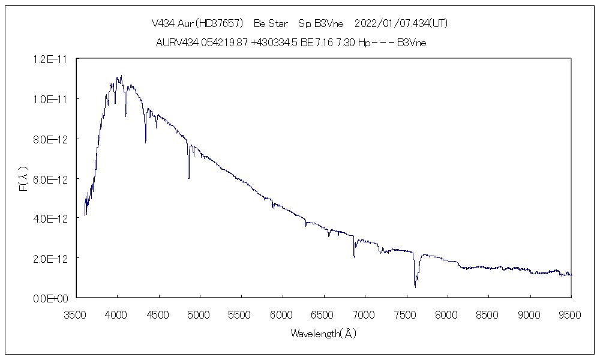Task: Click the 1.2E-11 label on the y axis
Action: [x=51, y=59]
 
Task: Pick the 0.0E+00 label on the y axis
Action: [x=51, y=298]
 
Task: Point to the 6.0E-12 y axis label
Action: [x=51, y=179]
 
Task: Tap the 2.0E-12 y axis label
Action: [x=51, y=258]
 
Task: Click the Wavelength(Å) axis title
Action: [x=323, y=333]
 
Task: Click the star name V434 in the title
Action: [x=163, y=24]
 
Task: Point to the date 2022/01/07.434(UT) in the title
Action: [x=401, y=24]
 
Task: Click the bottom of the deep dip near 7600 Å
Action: [x=415, y=287]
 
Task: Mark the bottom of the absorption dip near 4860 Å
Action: [x=188, y=178]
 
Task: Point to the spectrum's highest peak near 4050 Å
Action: [x=121, y=76]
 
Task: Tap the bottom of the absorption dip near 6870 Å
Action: [x=354, y=256]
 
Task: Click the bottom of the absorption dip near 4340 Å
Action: [x=145, y=142]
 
